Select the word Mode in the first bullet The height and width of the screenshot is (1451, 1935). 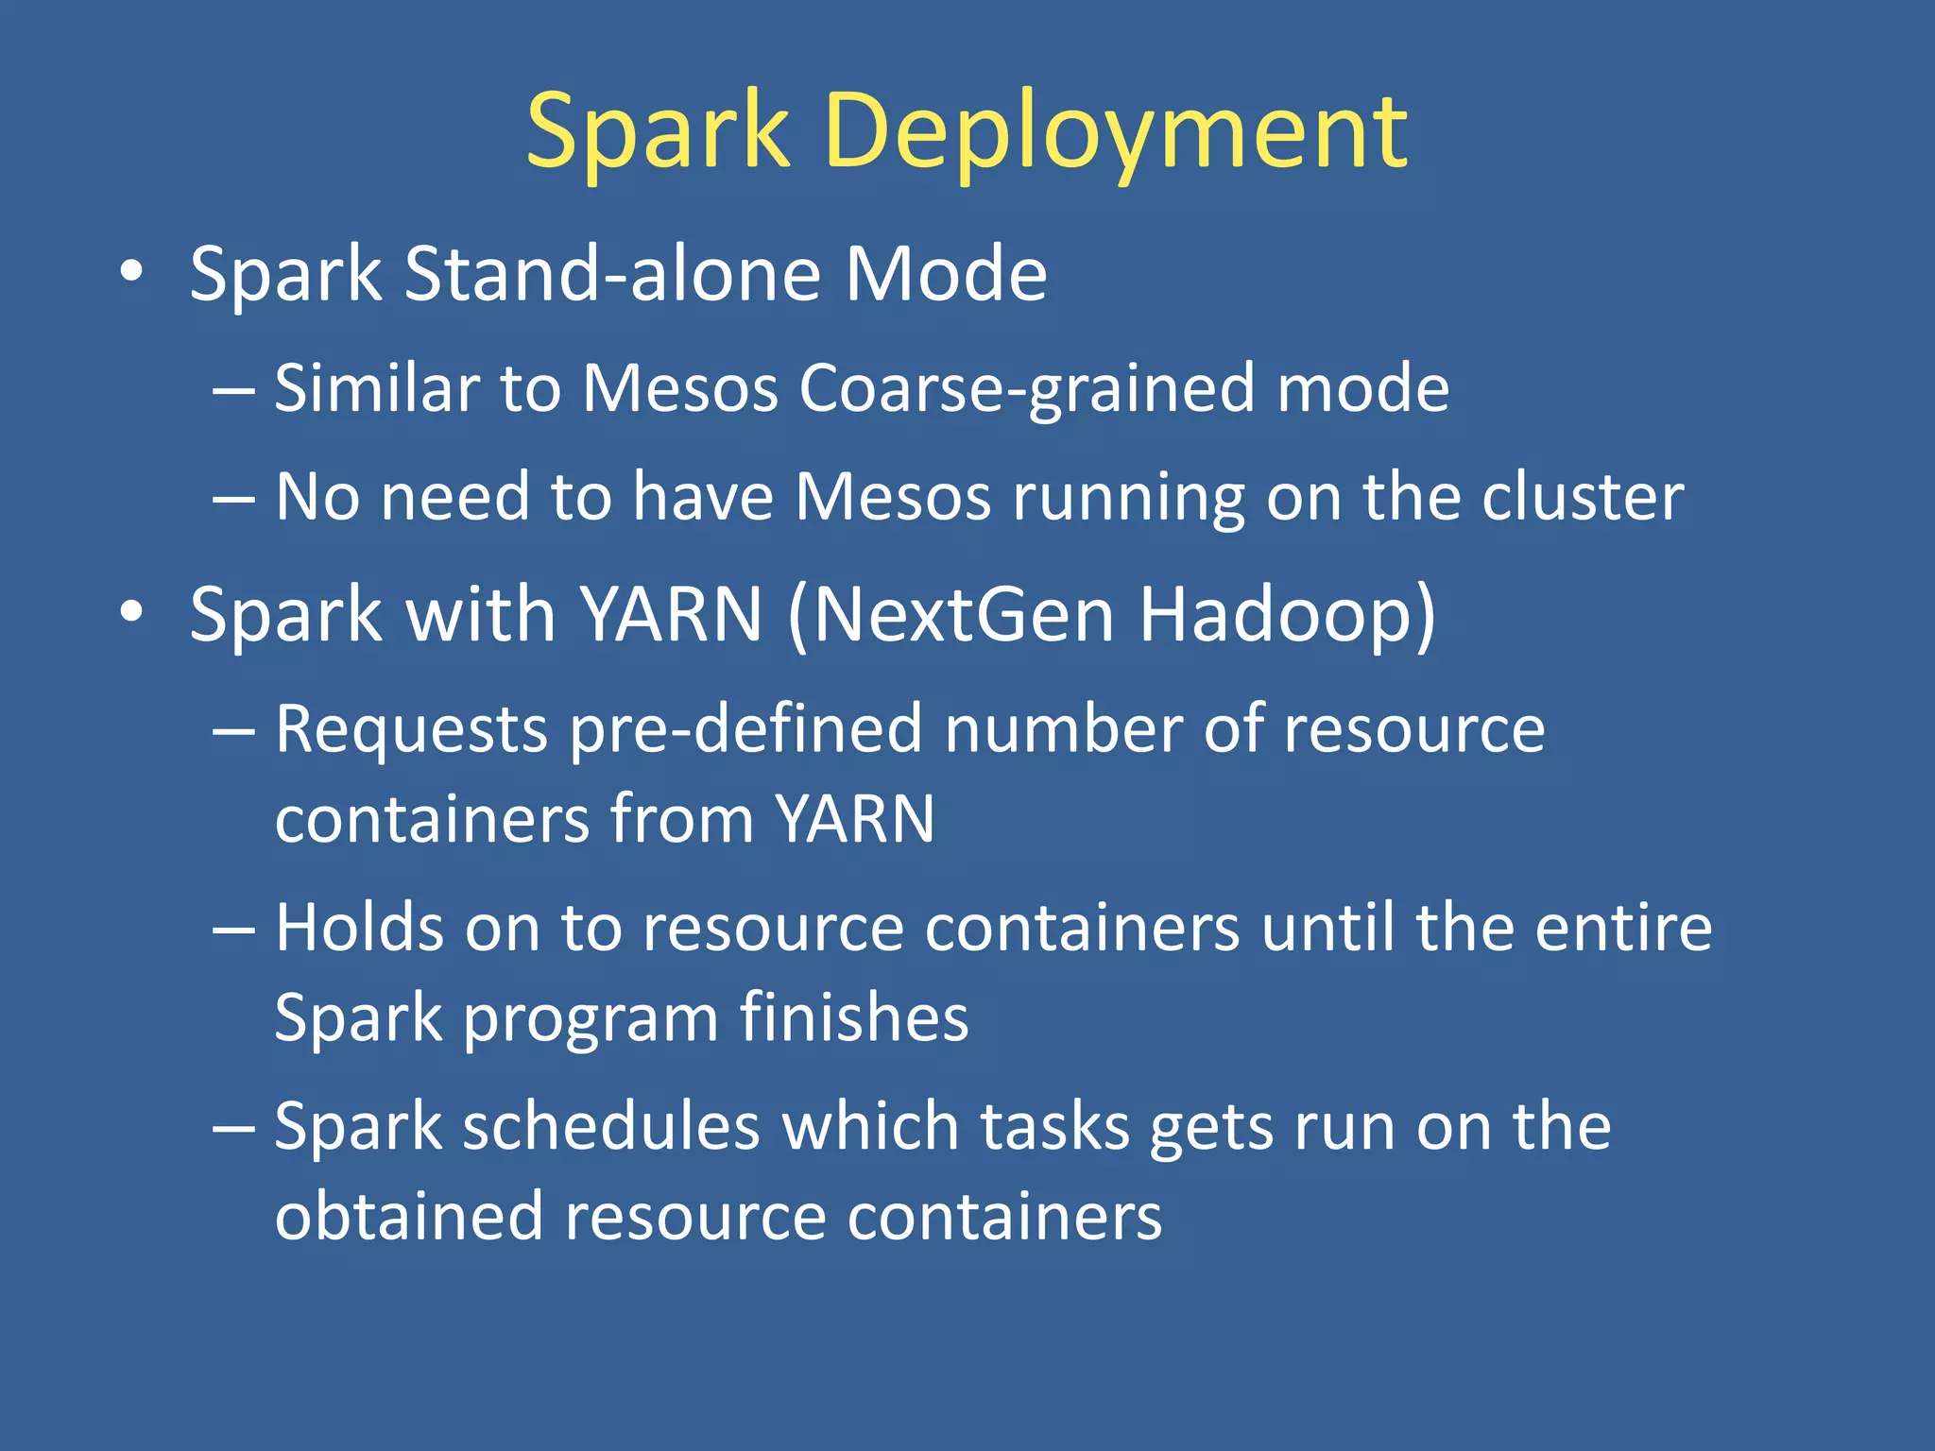click(x=945, y=274)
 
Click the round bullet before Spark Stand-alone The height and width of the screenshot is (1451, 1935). click(x=131, y=272)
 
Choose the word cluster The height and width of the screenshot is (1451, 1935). click(x=1582, y=497)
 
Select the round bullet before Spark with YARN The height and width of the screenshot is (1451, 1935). click(x=131, y=612)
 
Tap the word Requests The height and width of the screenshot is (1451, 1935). click(x=411, y=731)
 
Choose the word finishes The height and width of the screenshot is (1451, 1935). click(x=853, y=1018)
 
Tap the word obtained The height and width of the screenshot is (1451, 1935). click(x=408, y=1217)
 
